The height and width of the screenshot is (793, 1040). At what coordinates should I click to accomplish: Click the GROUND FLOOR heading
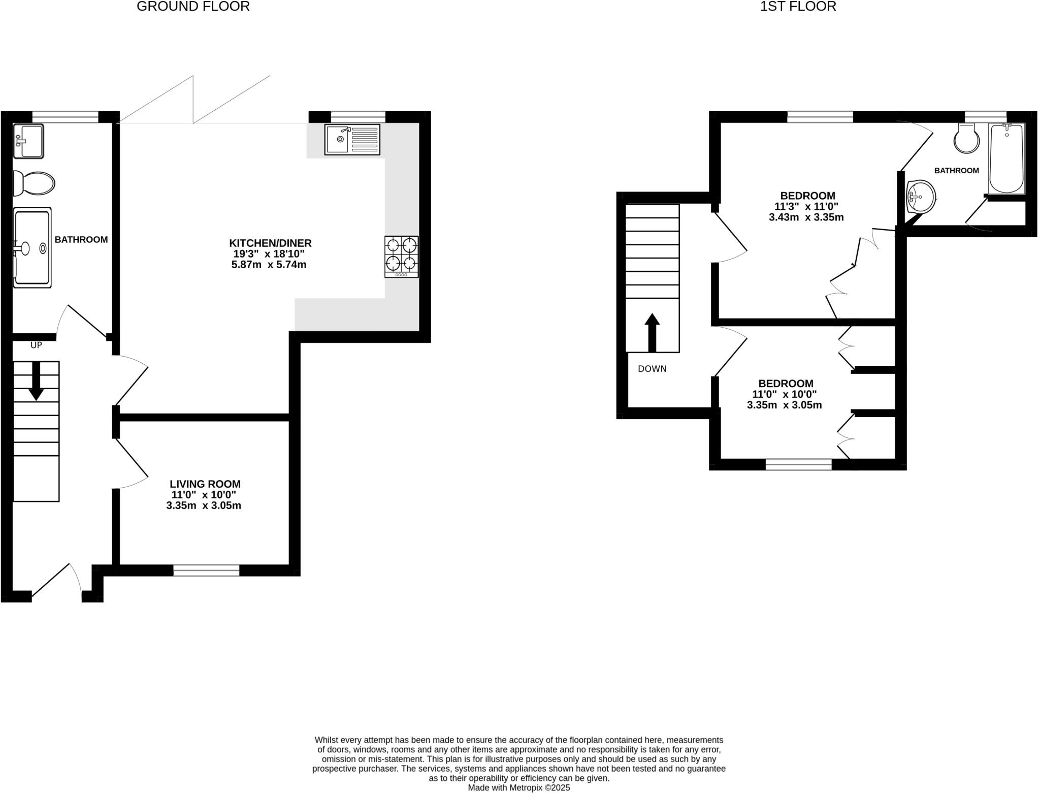[x=193, y=7]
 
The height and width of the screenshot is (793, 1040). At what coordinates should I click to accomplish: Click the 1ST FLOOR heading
[x=798, y=7]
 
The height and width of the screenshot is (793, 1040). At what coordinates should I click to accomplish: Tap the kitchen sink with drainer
[x=352, y=139]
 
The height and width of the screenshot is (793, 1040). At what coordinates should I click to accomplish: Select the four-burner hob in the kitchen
[x=401, y=256]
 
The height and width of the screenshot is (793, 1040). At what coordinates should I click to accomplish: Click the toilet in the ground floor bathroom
[x=34, y=183]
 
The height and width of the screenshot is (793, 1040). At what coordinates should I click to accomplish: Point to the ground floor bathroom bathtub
[x=32, y=247]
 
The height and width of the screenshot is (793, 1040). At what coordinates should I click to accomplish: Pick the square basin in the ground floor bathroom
[x=28, y=141]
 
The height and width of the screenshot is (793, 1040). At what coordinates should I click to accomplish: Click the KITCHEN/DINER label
[x=270, y=243]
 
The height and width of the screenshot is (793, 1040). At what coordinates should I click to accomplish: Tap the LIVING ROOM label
[x=205, y=484]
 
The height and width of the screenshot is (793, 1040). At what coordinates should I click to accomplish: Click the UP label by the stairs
[x=36, y=345]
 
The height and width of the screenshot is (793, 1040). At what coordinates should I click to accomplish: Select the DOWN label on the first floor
[x=652, y=369]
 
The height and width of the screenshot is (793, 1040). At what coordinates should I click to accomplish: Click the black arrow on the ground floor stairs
[x=36, y=381]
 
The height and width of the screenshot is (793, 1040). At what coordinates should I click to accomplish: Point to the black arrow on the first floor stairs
[x=652, y=332]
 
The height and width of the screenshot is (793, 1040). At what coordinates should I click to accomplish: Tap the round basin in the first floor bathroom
[x=921, y=198]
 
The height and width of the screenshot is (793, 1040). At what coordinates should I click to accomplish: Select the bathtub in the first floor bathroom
[x=1006, y=158]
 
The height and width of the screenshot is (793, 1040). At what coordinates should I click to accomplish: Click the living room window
[x=206, y=570]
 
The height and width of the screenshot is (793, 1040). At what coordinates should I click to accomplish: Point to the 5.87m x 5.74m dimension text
[x=269, y=265]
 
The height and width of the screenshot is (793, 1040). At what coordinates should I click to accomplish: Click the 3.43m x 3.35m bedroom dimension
[x=806, y=217]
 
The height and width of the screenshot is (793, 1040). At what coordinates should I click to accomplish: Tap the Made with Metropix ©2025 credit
[x=518, y=787]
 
